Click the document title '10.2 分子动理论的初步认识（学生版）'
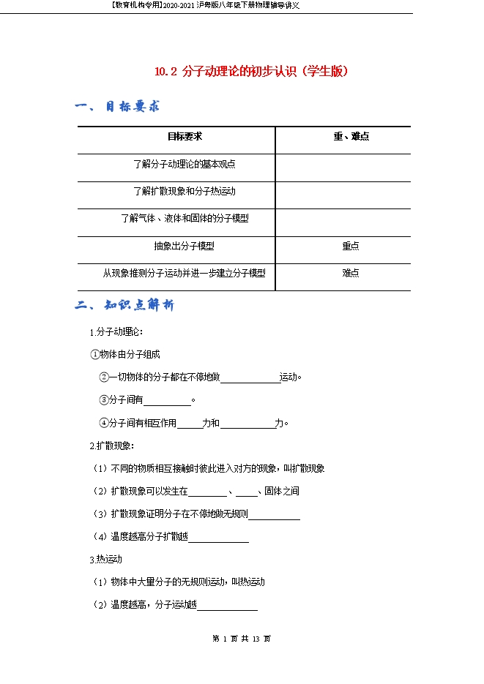[x=251, y=72]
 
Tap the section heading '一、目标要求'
[x=117, y=107]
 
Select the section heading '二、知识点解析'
[x=124, y=305]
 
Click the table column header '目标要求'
[x=185, y=137]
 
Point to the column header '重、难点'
[x=351, y=137]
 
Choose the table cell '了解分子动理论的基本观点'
[x=185, y=164]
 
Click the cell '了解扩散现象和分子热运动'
[x=185, y=191]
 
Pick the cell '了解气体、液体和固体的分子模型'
[x=185, y=218]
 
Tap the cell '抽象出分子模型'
[x=185, y=246]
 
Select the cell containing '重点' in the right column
[x=351, y=246]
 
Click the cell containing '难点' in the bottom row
[x=351, y=273]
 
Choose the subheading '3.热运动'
[x=105, y=560]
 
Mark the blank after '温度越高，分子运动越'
[x=227, y=605]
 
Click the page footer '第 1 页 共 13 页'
[x=242, y=639]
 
